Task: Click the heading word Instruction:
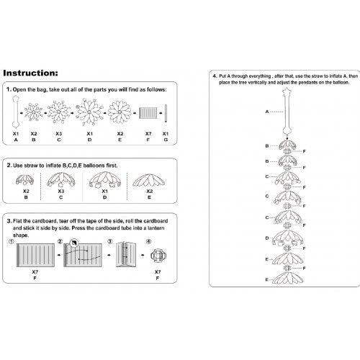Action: pyautogui.click(x=30, y=73)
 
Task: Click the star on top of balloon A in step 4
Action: pyautogui.click(x=287, y=91)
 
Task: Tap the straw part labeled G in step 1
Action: pyautogui.click(x=166, y=114)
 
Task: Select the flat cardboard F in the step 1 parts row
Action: pyautogui.click(x=148, y=113)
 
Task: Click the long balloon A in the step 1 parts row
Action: pyautogui.click(x=16, y=112)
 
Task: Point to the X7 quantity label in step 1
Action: pyautogui.click(x=148, y=133)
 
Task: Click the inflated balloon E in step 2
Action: pyautogui.click(x=149, y=180)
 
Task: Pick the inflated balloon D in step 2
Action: pyautogui.click(x=105, y=179)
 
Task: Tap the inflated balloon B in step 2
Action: pyautogui.click(x=25, y=180)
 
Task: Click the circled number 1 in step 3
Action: pyautogui.click(x=11, y=242)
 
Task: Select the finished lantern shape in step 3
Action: pyautogui.click(x=158, y=256)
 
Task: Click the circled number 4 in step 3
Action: pyautogui.click(x=149, y=241)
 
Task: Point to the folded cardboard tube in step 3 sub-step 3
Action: pyautogui.click(x=126, y=254)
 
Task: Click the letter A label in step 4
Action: pyautogui.click(x=267, y=112)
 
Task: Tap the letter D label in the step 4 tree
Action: pyautogui.click(x=267, y=238)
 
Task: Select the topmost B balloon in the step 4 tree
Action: pyautogui.click(x=287, y=145)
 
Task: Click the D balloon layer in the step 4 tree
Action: pyautogui.click(x=288, y=238)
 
